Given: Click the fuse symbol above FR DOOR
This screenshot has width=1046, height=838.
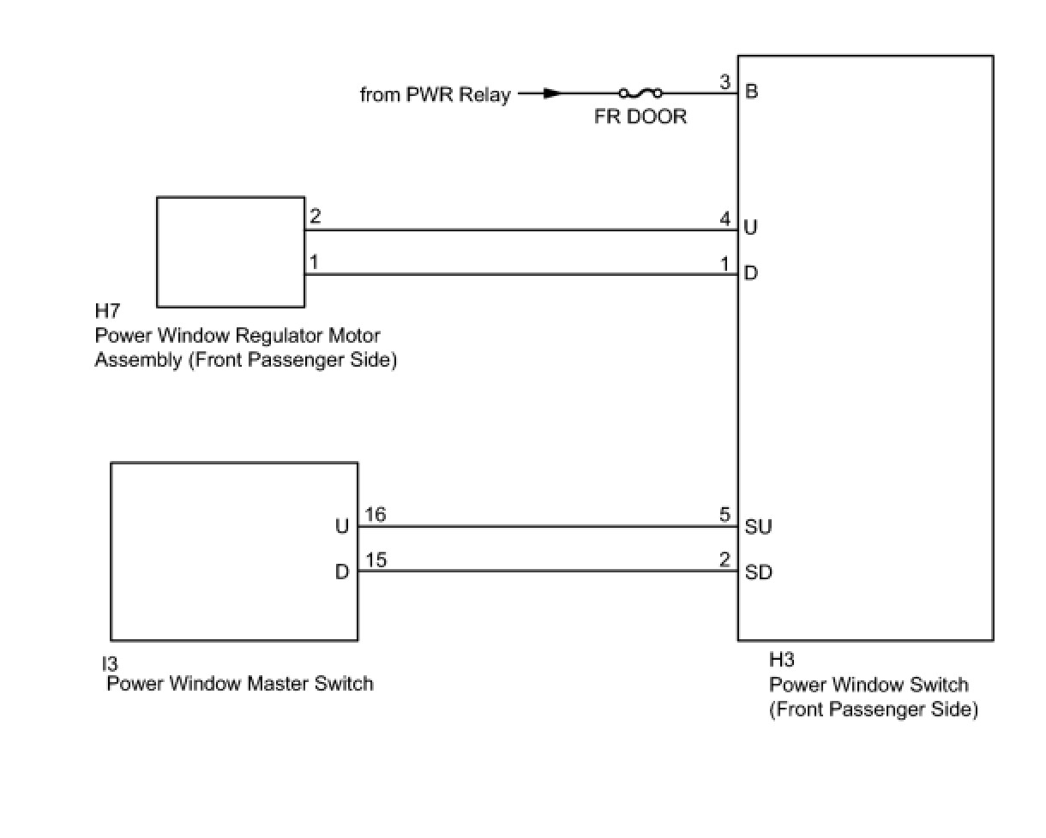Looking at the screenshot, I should (x=640, y=93).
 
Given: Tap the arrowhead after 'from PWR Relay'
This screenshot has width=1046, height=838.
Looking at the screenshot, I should (x=552, y=93).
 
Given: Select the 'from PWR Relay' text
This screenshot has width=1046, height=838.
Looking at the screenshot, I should (x=435, y=94).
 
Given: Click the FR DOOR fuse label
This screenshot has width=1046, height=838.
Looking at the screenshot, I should (x=640, y=117).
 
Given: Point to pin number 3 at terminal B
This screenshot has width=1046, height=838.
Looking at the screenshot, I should (x=725, y=83).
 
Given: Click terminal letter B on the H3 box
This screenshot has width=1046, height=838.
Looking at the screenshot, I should (x=752, y=92).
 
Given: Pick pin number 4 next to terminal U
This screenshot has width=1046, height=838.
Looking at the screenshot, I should (x=725, y=219).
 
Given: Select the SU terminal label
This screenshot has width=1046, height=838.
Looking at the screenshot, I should (x=758, y=527).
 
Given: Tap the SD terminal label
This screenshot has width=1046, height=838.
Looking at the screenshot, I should (x=758, y=572).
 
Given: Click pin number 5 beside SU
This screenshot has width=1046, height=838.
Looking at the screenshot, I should (x=725, y=515).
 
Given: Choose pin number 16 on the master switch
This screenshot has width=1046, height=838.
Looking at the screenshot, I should (x=376, y=515).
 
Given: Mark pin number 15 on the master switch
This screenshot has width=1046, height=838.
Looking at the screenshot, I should (x=376, y=560).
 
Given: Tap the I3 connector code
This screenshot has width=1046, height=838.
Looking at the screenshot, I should (x=109, y=663).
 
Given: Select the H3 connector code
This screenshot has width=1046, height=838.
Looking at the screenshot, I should (x=782, y=661).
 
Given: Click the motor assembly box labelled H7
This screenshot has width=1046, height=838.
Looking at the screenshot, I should (x=231, y=251).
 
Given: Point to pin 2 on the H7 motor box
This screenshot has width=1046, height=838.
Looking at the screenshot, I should (x=315, y=217).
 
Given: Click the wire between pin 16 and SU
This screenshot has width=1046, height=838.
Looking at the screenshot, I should (x=549, y=526).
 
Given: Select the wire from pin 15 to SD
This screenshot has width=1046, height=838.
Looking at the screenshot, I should (x=549, y=572).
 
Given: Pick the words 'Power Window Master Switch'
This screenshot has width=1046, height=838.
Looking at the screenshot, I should (x=240, y=684).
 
